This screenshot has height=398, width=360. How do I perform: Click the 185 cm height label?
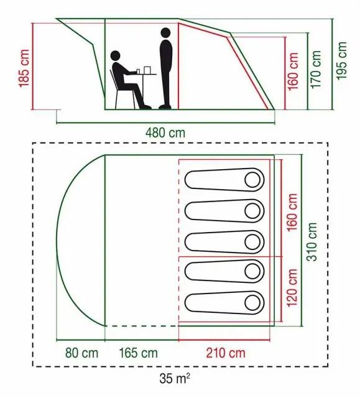pos(24,68)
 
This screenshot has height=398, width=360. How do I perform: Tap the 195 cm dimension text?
pos(341,61)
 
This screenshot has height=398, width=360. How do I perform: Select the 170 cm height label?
pos(316,70)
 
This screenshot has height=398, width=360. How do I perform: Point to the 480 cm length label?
pos(165,133)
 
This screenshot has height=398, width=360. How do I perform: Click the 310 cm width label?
pos(312,242)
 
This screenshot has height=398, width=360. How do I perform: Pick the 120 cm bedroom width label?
pos(292,287)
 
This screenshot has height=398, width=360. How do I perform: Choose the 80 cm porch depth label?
pos(81,353)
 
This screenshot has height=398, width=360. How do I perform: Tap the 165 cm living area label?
pos(138,353)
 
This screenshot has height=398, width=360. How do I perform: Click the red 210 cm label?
pos(226,353)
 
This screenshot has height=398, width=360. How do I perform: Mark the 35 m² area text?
pos(175,379)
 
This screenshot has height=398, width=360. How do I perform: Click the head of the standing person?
pos(165,33)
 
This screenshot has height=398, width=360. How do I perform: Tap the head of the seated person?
pos(115,55)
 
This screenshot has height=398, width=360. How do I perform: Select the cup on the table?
pos(138,71)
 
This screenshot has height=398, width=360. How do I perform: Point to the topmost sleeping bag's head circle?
pos(252,180)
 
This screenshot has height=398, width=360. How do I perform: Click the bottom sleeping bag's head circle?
pos(252,303)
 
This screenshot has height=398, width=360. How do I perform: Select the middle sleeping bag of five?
pos(224,242)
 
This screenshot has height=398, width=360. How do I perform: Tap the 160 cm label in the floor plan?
pos(292,212)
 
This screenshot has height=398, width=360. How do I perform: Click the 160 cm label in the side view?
pos(293,71)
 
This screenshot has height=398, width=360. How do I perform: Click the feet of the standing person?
pos(165,107)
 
